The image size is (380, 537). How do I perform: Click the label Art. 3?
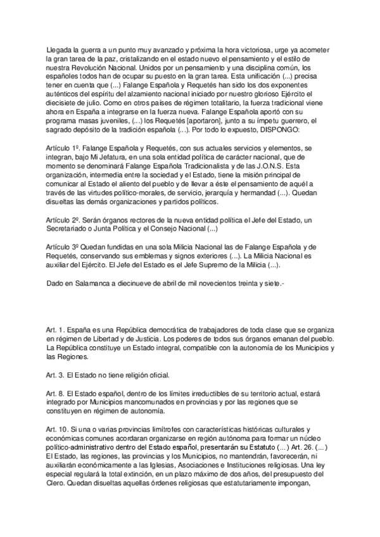tap(55, 374)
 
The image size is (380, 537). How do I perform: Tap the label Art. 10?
tap(57, 430)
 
